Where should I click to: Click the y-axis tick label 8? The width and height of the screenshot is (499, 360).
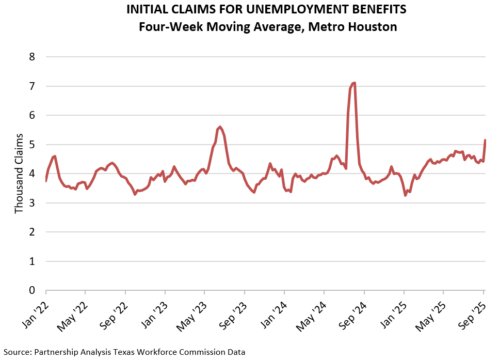click(x=31, y=57)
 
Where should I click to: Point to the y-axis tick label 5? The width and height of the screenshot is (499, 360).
click(x=31, y=145)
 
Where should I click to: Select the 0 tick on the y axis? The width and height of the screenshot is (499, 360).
click(x=31, y=291)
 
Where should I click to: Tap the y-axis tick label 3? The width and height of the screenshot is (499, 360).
click(x=31, y=203)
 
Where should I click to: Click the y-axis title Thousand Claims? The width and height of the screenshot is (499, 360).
click(x=19, y=174)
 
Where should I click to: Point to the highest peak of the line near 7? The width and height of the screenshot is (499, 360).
click(x=354, y=83)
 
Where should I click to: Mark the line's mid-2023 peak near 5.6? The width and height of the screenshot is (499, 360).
click(x=220, y=127)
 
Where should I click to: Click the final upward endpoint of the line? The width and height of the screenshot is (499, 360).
click(x=485, y=140)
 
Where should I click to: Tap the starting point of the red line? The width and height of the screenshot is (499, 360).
click(x=46, y=180)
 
